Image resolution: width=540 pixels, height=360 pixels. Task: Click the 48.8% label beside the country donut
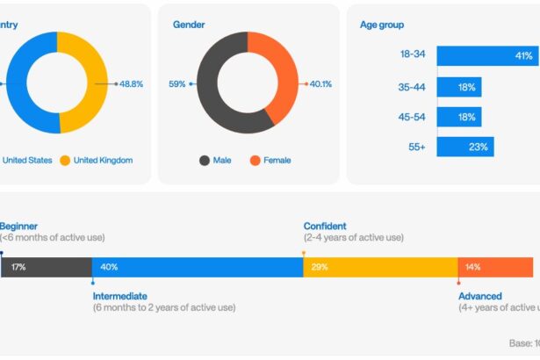tap(132, 83)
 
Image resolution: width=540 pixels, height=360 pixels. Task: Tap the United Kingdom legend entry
tap(103, 160)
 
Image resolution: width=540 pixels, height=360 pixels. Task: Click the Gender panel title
tap(189, 25)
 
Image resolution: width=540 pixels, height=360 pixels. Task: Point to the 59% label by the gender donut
tap(176, 84)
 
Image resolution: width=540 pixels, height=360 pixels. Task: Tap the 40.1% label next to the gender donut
tap(320, 84)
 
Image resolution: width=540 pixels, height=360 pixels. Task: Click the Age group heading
tap(382, 25)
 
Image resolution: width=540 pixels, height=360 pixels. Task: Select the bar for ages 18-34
tap(487, 55)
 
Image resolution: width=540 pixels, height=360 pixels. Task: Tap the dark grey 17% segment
tap(47, 267)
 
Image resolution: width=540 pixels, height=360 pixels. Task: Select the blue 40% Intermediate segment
tap(198, 267)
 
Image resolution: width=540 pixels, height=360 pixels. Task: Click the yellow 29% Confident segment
tap(380, 267)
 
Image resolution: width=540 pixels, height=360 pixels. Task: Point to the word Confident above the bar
tap(325, 226)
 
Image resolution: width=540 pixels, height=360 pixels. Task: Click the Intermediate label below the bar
tap(120, 296)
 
